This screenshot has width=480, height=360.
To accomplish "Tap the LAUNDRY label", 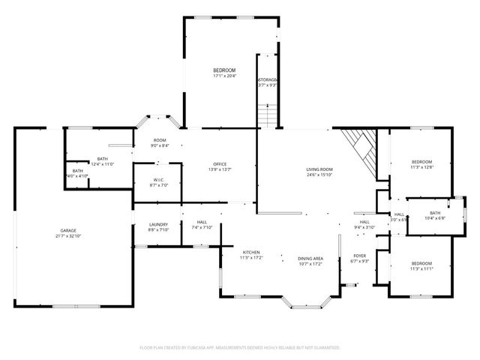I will click(157, 226).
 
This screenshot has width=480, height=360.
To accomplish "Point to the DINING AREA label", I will click(310, 260).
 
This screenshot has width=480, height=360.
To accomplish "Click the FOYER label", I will click(359, 258).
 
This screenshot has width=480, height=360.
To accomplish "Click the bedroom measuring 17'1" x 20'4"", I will click(223, 73).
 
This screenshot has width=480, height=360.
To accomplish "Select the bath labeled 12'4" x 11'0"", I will click(102, 161).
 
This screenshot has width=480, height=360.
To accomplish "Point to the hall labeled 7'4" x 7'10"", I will click(202, 224).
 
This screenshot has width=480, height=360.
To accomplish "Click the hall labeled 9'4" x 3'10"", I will click(364, 224).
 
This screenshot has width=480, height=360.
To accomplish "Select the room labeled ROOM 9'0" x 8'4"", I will click(160, 142).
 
